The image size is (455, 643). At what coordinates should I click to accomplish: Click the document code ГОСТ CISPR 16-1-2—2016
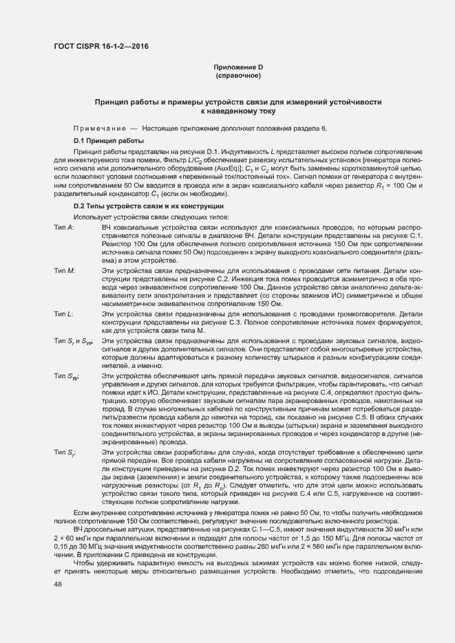[100, 47]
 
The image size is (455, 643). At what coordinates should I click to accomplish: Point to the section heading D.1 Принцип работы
[109, 140]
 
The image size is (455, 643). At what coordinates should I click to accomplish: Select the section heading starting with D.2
[147, 207]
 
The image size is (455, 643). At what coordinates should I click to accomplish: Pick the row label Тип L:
[64, 313]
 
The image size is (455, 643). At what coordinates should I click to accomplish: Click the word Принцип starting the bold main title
[114, 101]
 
